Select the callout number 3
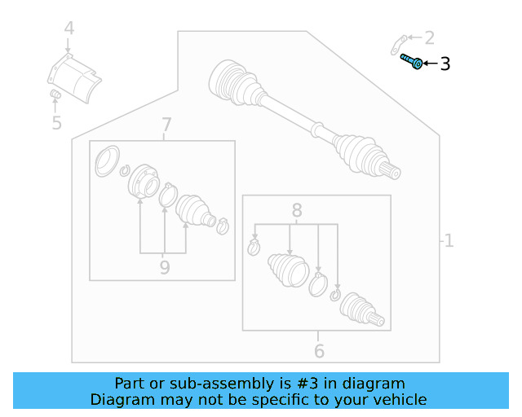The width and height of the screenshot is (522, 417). point(445,64)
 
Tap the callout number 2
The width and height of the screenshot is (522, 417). point(429,37)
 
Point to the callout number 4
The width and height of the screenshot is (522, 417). point(69,29)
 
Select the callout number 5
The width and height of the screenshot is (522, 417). point(56,123)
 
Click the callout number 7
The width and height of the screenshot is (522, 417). point(166,125)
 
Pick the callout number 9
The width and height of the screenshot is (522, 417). point(165,267)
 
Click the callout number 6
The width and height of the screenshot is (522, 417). point(319,351)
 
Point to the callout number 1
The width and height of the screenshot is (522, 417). point(448,240)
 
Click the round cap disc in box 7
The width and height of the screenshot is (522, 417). point(105,161)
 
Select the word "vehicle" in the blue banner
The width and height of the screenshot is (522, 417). point(398,399)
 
